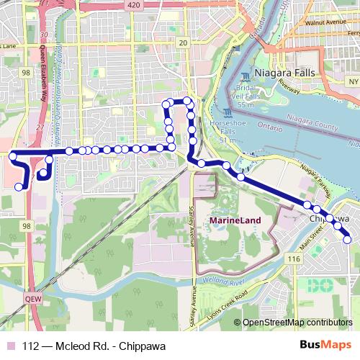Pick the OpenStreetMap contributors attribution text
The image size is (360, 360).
297,322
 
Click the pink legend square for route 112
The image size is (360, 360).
10,345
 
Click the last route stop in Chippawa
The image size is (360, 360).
347,240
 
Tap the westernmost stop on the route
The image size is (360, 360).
12,154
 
